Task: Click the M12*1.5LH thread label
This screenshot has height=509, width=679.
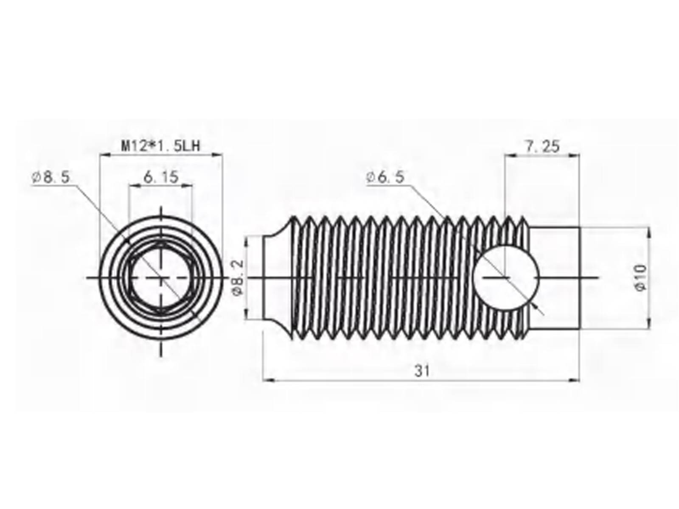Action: pos(161,146)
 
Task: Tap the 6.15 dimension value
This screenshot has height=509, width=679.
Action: pos(161,177)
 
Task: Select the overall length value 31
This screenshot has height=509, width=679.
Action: pos(422,371)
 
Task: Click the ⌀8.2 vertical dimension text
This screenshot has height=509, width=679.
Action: pos(238,278)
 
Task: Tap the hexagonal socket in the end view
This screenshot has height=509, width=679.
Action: pos(160,278)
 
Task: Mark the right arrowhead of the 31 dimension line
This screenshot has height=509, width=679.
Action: pos(577,380)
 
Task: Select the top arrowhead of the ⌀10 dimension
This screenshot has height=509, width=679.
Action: pos(648,231)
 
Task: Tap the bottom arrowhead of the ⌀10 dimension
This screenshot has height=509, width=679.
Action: pos(648,325)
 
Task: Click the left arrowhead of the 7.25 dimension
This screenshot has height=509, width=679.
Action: pos(508,156)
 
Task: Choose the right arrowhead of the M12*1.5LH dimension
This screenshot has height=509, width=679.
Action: pos(219,156)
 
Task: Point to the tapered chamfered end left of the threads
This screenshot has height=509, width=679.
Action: pos(276,278)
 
